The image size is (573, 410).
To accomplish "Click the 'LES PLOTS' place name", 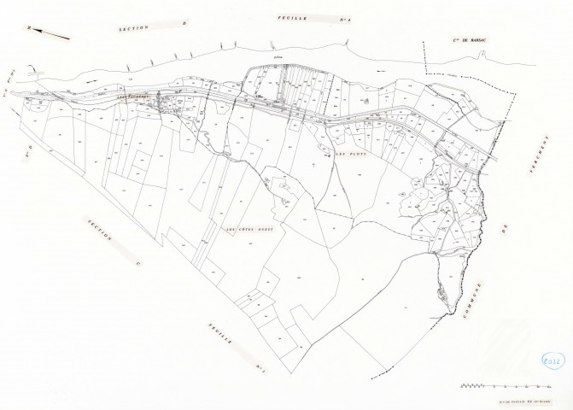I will (x=348, y=154).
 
